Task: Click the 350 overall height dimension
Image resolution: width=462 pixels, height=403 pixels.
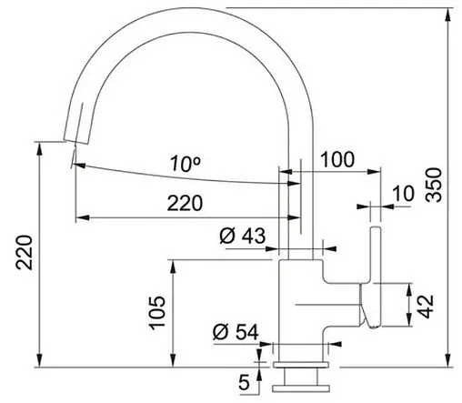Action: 434,185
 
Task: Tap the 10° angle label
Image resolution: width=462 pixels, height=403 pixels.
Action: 186,163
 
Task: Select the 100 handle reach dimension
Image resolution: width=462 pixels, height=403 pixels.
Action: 337,159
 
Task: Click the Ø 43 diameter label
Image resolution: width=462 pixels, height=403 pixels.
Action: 242,236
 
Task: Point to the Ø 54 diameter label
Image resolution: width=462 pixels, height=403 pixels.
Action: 236,332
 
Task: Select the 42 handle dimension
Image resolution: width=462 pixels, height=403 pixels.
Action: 427,307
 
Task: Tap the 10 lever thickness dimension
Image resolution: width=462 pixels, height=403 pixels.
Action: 403,194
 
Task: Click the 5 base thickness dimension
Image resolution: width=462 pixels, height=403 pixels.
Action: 244,382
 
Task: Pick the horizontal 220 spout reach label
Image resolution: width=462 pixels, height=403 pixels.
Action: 185,203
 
